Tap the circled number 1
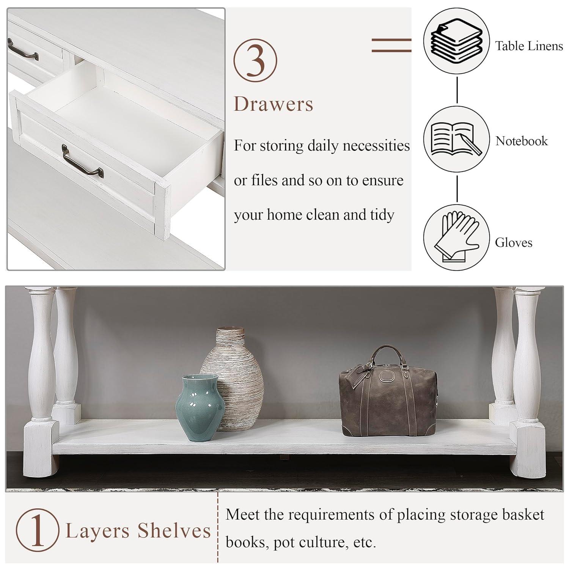click(37, 530)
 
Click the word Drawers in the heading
click(273, 104)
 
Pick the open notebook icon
click(456, 139)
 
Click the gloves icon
click(456, 238)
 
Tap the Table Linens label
click(529, 46)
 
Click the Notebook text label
click(521, 141)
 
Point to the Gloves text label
click(513, 242)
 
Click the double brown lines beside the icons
click(391, 45)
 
